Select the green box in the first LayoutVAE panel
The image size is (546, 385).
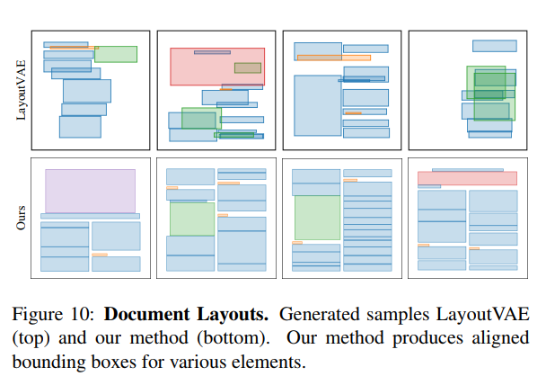116,54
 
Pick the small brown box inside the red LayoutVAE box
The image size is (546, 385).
248,67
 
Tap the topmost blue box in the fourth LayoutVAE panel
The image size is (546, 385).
494,46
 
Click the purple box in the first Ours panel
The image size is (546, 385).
90,191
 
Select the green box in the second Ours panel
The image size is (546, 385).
192,219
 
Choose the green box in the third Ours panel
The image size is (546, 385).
316,219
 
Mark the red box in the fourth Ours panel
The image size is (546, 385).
467,179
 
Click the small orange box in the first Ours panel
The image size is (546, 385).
100,255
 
